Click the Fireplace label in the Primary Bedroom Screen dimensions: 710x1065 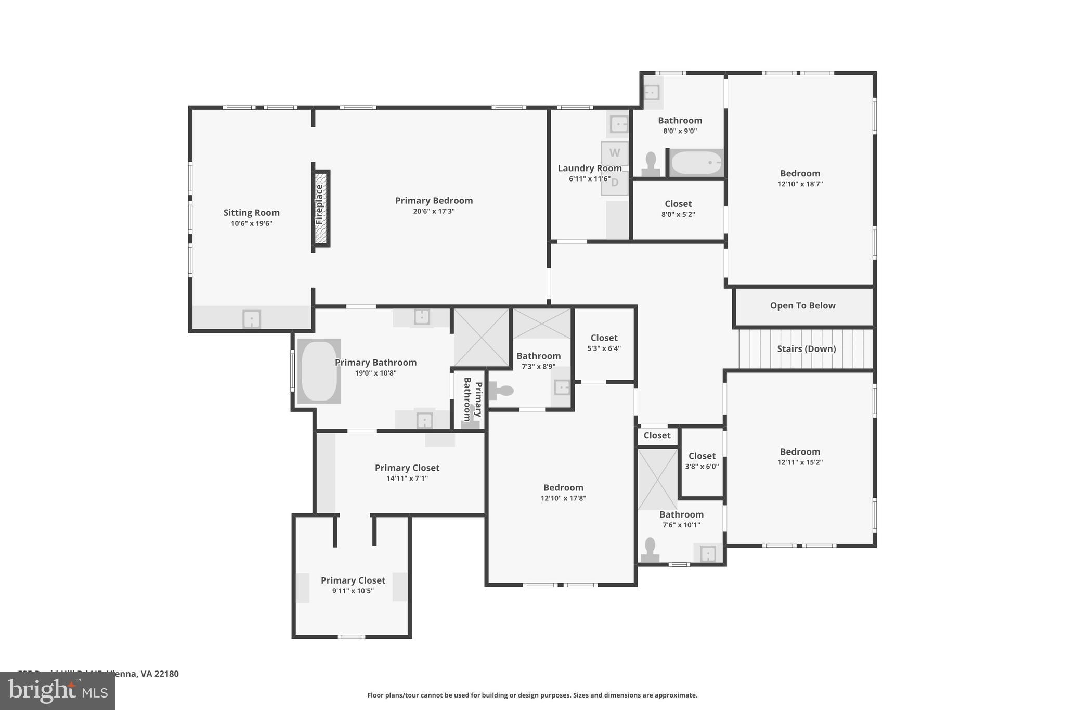[x=320, y=205]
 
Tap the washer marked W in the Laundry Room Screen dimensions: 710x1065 [x=615, y=153]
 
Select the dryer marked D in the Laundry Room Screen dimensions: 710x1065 [x=615, y=183]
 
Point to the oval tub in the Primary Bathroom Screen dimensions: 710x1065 [x=319, y=371]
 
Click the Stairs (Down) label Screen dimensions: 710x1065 [x=806, y=349]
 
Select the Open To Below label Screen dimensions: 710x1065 [x=802, y=306]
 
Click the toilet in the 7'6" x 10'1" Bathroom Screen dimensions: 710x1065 [x=650, y=550]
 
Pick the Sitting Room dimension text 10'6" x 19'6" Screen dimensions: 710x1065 [x=252, y=224]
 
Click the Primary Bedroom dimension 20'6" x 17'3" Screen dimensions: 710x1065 [x=434, y=211]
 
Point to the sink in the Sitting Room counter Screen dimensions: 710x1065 [x=252, y=319]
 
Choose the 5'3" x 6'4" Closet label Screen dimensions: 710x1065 [x=604, y=338]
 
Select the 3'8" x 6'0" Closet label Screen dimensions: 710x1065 [x=702, y=456]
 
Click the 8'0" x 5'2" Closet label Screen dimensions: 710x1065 [x=678, y=204]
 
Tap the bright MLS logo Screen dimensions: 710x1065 [x=57, y=691]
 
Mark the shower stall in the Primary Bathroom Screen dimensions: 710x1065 [x=482, y=337]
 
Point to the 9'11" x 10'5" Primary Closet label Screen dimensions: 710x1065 [x=353, y=580]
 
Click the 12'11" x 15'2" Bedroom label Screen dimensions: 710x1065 [x=800, y=452]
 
